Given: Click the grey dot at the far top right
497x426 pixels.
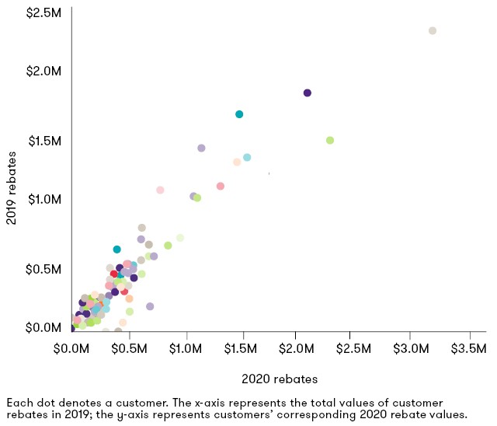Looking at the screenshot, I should pos(433,31).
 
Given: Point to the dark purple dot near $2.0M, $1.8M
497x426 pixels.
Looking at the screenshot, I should pos(308,93).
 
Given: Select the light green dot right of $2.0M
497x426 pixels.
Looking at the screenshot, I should pos(330,141).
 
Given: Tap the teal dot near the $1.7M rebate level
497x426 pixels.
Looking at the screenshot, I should pos(239,114).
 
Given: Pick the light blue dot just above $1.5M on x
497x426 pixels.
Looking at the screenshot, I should pos(247,157).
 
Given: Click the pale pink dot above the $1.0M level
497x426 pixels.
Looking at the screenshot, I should pos(160,190).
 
